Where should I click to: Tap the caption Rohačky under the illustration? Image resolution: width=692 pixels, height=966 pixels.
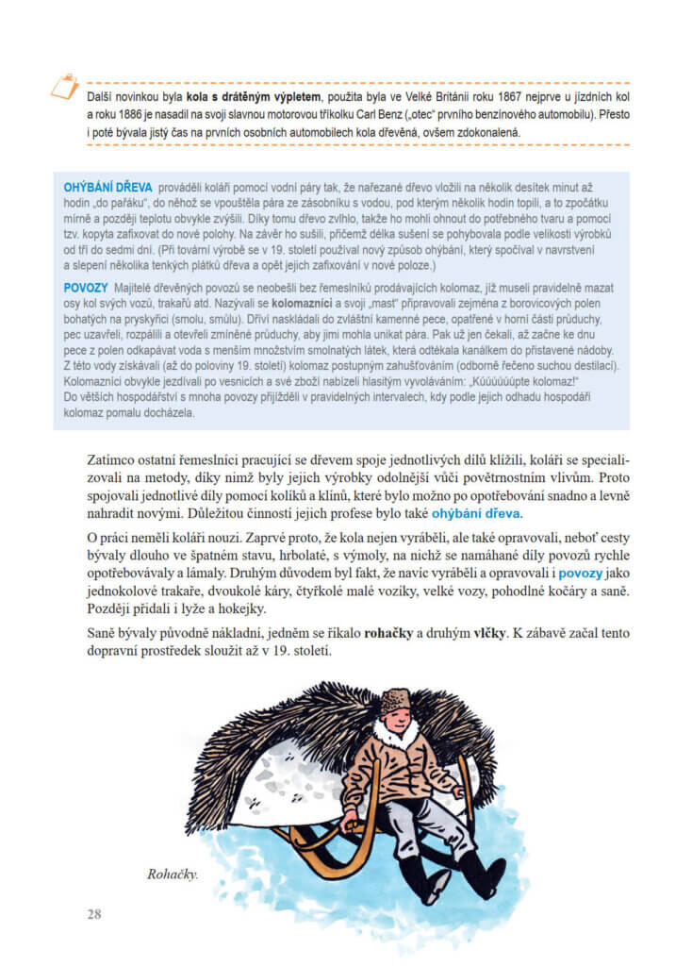pos(172,874)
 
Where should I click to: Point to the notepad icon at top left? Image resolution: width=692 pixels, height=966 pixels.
pos(64,87)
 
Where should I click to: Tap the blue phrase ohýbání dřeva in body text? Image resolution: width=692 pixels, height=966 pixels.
pos(475,513)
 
